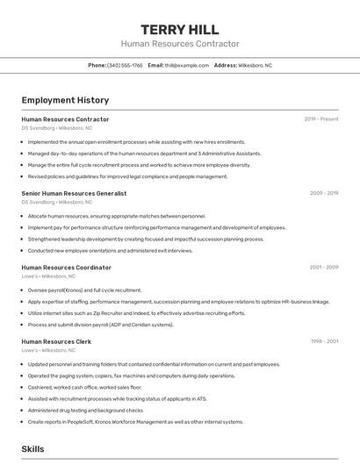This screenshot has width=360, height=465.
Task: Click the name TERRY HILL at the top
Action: coord(179,30)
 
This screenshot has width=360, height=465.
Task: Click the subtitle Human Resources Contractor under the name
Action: coord(179,44)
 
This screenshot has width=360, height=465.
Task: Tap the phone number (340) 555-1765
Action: coord(125,65)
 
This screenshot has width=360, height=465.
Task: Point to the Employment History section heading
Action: coord(65,101)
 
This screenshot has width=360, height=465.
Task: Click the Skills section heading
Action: coord(32,448)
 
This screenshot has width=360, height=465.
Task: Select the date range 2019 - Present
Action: coord(321,119)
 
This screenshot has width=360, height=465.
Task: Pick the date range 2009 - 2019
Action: coord(324,193)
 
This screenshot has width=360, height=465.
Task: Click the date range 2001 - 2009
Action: coord(324,268)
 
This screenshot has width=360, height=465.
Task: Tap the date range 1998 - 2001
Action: coord(324,341)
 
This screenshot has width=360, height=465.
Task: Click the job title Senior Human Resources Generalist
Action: coord(74,193)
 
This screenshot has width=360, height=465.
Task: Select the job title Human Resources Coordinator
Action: coord(66,268)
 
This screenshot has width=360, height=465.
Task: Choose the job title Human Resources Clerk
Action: coord(56,341)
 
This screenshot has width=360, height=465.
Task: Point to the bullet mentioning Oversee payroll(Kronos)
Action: coord(84,290)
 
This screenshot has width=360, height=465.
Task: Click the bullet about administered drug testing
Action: coord(85,410)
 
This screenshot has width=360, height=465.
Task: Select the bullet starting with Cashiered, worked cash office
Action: coord(84,387)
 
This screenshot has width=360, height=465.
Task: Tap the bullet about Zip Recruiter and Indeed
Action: coord(136,313)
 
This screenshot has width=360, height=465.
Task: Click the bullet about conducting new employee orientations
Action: coord(110,250)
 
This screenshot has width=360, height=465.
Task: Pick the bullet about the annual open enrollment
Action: coord(136,141)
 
